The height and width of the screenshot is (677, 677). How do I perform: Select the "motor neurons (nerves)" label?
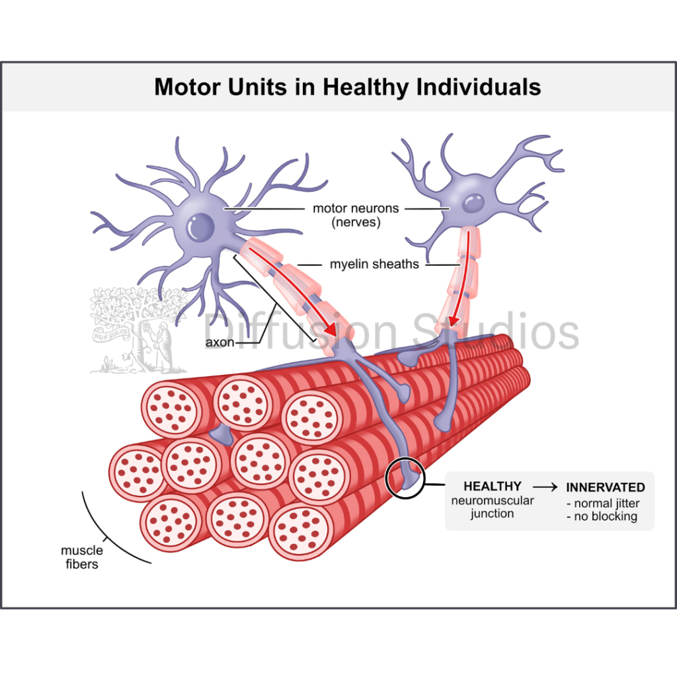pos(356,215)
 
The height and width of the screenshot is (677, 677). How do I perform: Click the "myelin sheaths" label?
pos(374,264)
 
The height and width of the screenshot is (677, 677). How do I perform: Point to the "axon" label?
pos(219,342)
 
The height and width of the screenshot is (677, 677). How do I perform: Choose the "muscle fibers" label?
pos(82,557)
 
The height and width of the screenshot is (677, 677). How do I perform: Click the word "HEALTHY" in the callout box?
pos(492,487)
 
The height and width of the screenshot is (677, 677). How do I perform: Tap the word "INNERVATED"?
pos(605,487)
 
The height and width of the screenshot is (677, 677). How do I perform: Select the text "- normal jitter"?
pos(602,504)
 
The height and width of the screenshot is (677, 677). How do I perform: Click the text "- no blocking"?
pos(601,516)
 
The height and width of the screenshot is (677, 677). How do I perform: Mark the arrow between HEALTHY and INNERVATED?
pos(545,487)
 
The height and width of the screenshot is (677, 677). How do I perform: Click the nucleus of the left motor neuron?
pos(200,227)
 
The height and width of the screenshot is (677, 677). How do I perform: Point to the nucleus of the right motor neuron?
pos(473,202)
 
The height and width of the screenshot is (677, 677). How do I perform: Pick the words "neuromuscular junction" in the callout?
pos(492,507)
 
